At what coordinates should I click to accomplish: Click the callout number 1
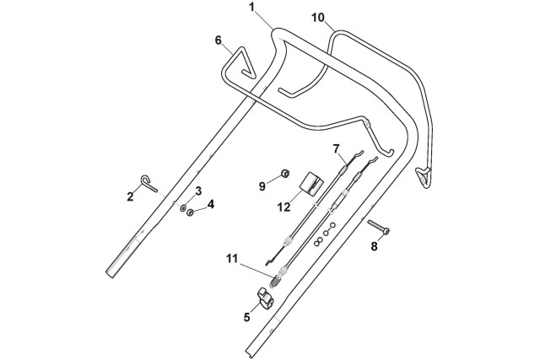(x=251, y=7)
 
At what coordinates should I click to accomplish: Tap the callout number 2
(x=131, y=196)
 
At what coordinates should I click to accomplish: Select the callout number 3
(x=198, y=191)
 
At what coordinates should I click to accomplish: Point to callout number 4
(x=211, y=203)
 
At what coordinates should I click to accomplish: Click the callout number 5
(x=247, y=318)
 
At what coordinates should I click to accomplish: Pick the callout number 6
(x=219, y=40)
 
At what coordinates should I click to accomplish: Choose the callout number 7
(x=335, y=148)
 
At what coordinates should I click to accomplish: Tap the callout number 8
(x=375, y=247)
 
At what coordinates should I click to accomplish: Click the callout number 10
(x=318, y=17)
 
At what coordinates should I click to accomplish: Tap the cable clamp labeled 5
(x=266, y=298)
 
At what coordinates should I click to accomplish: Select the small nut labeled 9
(x=285, y=174)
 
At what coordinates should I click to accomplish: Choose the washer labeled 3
(x=183, y=205)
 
